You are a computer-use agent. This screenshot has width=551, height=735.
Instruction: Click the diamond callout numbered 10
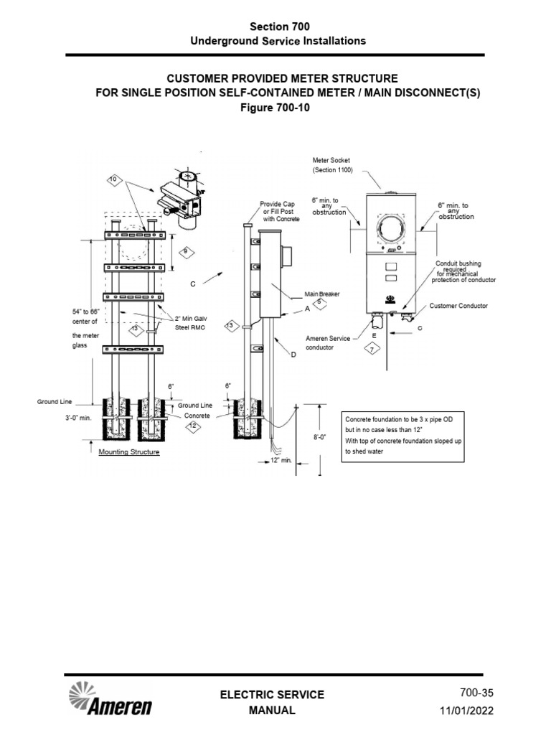(113, 178)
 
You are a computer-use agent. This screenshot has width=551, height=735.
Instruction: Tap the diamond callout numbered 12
(192, 426)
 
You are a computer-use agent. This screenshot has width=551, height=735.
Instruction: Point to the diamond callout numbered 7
(371, 349)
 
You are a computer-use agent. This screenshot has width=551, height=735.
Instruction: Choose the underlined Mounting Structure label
(129, 453)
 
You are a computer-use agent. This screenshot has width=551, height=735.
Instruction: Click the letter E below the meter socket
(374, 334)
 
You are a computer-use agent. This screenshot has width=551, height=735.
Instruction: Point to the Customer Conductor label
(458, 306)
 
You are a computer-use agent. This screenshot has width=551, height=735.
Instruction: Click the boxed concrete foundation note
(402, 436)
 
